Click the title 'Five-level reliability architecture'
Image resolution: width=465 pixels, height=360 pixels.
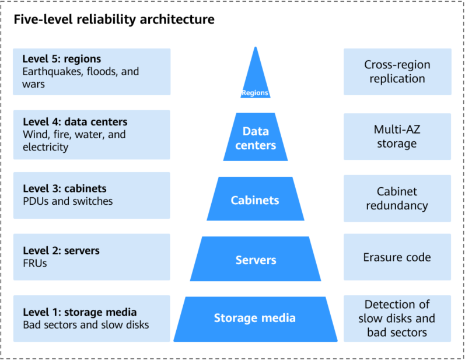click(114, 20)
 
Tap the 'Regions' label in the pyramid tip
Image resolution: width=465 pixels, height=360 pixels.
click(255, 93)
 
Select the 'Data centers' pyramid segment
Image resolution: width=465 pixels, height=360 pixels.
click(256, 137)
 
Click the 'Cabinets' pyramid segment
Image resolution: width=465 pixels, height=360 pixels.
click(256, 199)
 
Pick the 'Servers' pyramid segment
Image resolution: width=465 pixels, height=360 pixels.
click(256, 259)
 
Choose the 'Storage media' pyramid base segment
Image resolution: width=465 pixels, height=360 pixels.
click(256, 319)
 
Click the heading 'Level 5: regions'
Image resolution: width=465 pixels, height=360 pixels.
click(62, 59)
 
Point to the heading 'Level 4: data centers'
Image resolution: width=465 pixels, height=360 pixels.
click(75, 122)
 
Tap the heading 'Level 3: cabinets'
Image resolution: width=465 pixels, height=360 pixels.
click(65, 188)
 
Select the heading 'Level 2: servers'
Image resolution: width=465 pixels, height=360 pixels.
click(61, 250)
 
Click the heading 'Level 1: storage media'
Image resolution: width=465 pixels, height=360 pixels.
click(80, 312)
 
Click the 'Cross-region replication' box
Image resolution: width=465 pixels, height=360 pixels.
click(397, 72)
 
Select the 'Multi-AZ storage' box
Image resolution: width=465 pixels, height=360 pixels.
click(397, 137)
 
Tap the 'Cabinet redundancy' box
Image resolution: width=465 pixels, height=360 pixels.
click(397, 198)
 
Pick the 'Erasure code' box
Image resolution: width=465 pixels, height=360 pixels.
click(397, 257)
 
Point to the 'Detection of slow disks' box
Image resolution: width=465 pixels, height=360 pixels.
click(397, 319)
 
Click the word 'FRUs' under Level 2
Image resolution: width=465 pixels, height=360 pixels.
click(34, 263)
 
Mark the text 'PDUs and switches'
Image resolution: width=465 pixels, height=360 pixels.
click(68, 201)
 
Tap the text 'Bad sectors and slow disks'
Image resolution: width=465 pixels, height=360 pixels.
click(86, 325)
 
